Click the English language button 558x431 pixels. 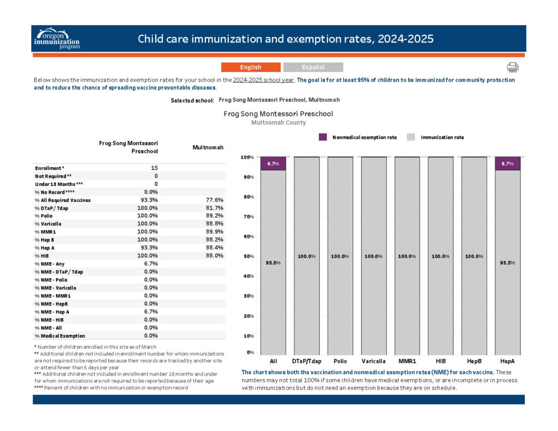tap(251, 67)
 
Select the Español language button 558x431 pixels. tap(313, 67)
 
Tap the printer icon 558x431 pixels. tap(512, 67)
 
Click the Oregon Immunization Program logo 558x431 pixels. tap(57, 39)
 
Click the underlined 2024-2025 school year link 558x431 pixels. tap(263, 80)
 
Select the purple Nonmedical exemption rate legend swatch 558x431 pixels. tap(323, 137)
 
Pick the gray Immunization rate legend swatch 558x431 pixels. tap(411, 137)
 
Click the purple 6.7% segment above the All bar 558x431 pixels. tap(274, 163)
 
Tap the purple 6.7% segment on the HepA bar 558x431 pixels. tap(507, 163)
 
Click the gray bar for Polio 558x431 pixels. tap(340, 256)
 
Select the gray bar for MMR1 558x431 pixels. tap(407, 256)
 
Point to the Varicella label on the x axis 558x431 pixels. tap(374, 361)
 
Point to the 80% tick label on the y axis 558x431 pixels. tap(248, 197)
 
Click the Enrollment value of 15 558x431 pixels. tap(154, 168)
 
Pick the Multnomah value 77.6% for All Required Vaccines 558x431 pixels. tap(215, 200)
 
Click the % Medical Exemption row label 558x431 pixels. tap(60, 336)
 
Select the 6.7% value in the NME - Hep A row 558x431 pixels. tap(151, 312)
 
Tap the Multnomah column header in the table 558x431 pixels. tap(208, 147)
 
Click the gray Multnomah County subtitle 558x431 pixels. tap(278, 122)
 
